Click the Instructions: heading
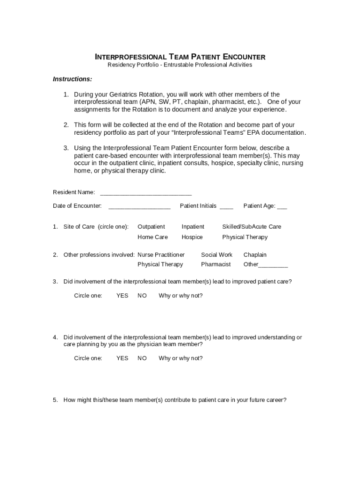point(72,79)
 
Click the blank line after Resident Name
point(146,193)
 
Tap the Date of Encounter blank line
point(139,206)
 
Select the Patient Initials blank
point(226,206)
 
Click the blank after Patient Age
point(282,206)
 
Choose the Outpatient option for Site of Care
point(151,227)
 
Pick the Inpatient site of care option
point(193,227)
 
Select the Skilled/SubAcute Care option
point(252,227)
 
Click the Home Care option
point(152,237)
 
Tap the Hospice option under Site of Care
point(192,237)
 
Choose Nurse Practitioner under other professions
point(161,255)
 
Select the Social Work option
point(216,255)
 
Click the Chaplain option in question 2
point(255,255)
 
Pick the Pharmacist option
point(216,265)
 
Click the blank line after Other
point(273,265)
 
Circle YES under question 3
point(122,296)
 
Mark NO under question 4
point(142,358)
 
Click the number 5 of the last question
point(55,400)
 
